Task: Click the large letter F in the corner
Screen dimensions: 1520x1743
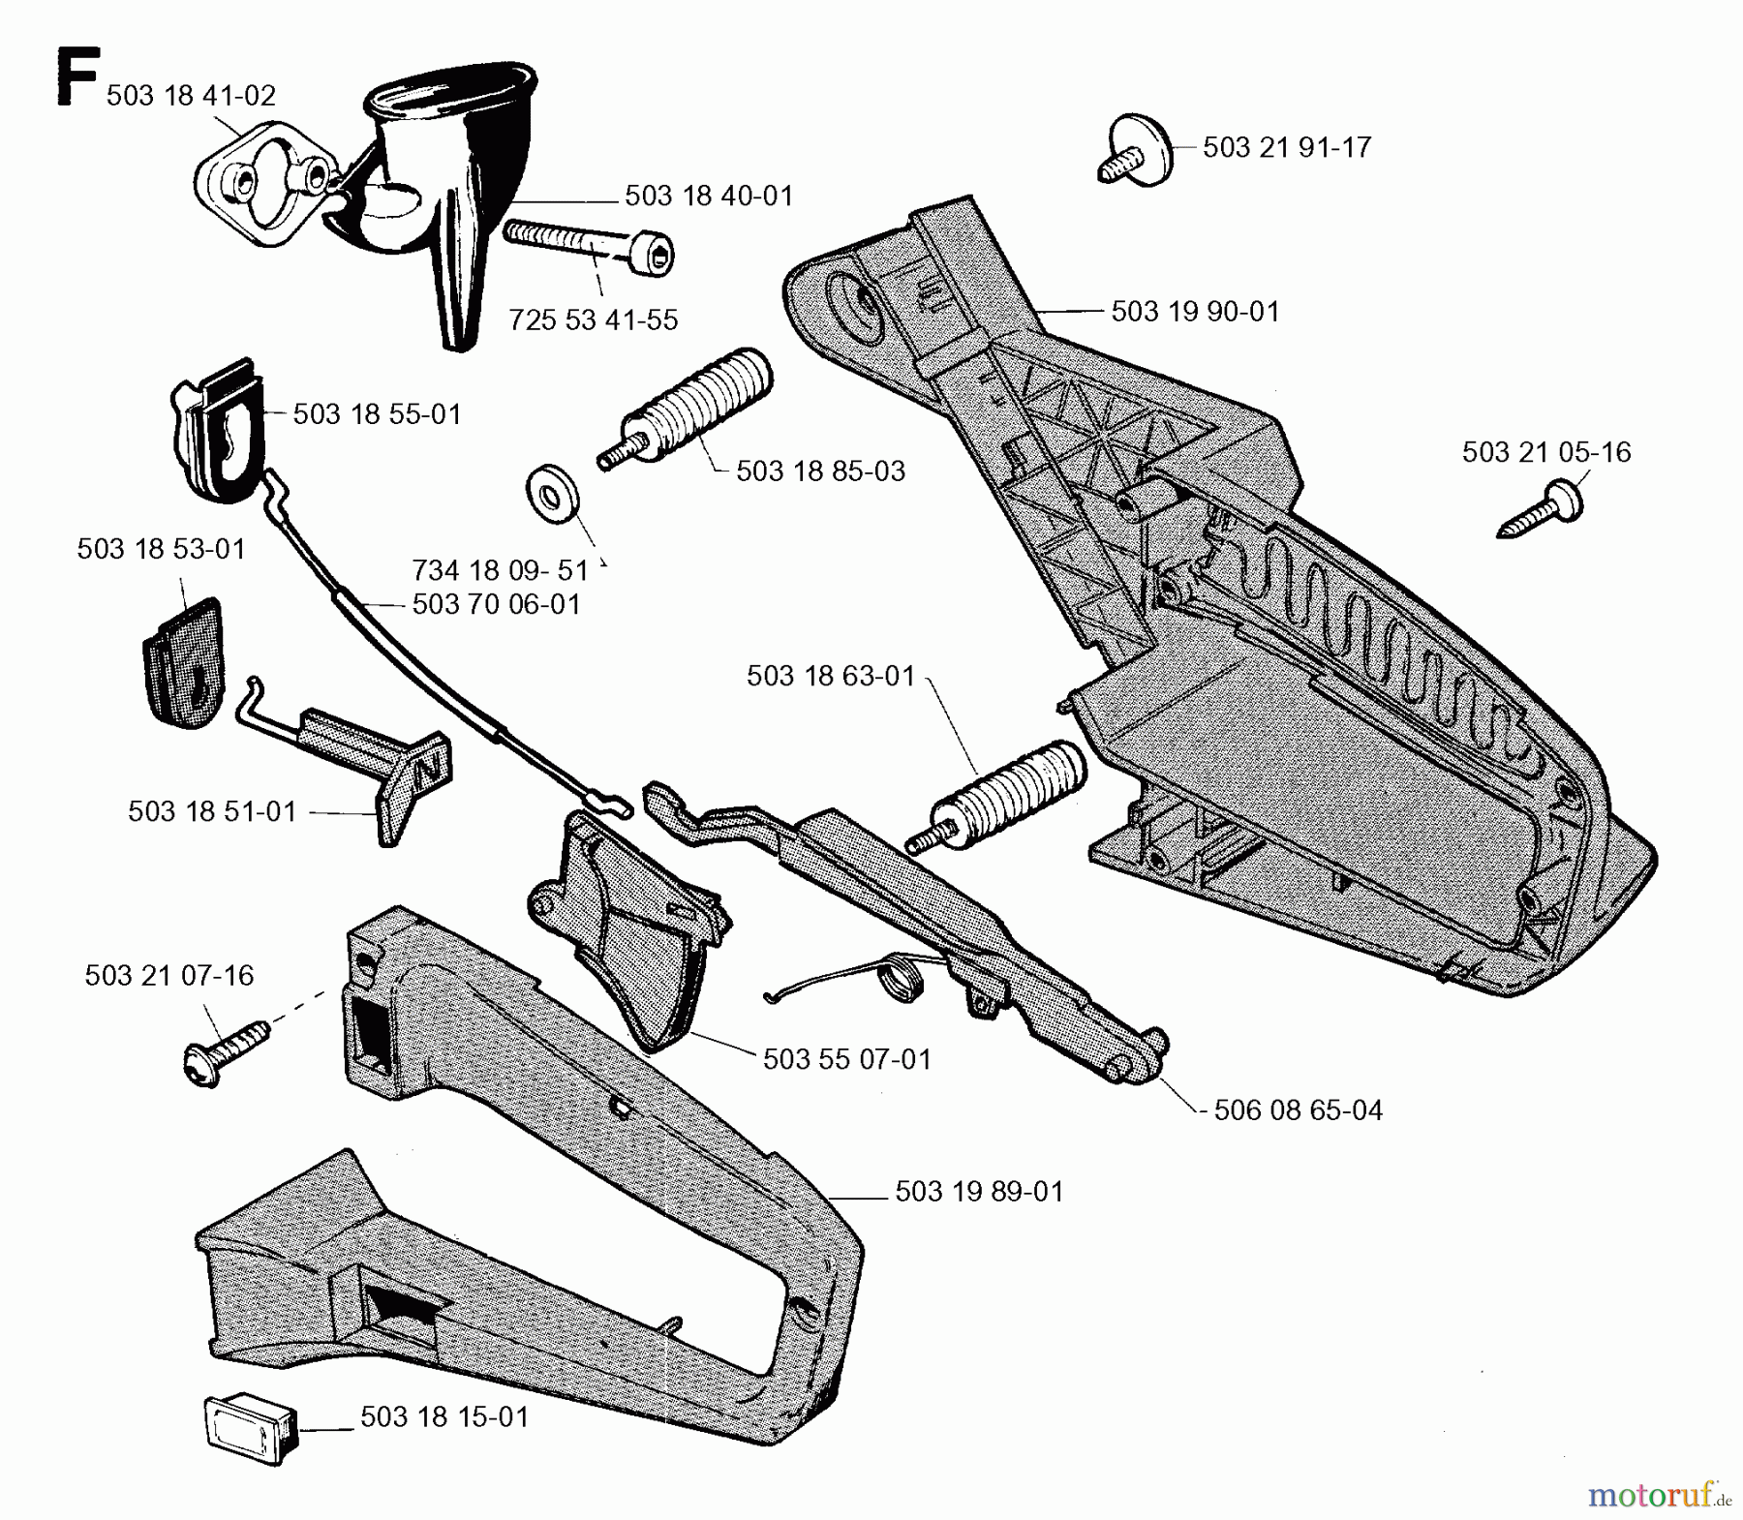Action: click(x=76, y=77)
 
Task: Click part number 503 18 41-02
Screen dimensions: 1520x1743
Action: click(x=191, y=95)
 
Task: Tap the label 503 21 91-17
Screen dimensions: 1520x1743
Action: click(x=1287, y=147)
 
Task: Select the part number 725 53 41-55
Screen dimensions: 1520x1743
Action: click(x=593, y=319)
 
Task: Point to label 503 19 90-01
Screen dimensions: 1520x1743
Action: click(x=1195, y=312)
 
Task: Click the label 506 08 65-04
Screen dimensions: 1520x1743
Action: click(x=1298, y=1110)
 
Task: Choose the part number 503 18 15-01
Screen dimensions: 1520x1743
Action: click(x=444, y=1416)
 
